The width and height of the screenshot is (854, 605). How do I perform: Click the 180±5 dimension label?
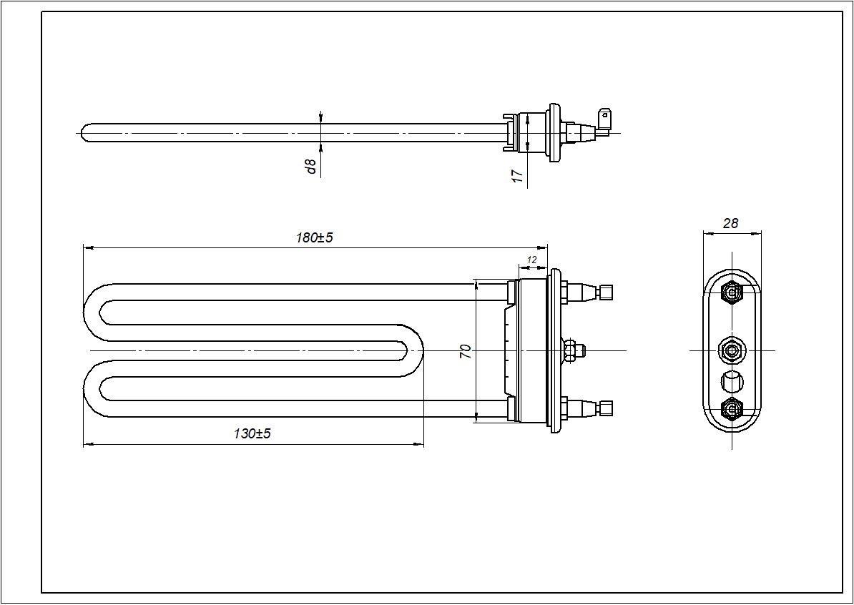315,237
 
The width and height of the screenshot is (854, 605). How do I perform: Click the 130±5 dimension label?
252,433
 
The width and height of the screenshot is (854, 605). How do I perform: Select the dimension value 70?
466,350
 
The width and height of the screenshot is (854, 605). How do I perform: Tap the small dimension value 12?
531,260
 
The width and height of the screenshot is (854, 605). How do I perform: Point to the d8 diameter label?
311,166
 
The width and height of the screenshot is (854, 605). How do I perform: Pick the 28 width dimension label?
730,223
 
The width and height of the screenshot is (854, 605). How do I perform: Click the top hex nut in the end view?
732,292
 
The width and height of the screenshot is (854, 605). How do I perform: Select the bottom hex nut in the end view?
732,408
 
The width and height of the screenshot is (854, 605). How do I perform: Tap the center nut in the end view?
732,350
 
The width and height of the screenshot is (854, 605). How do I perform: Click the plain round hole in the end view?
732,381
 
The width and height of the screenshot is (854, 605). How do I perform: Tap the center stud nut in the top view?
572,350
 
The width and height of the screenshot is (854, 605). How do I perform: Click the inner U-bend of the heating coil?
415,350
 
